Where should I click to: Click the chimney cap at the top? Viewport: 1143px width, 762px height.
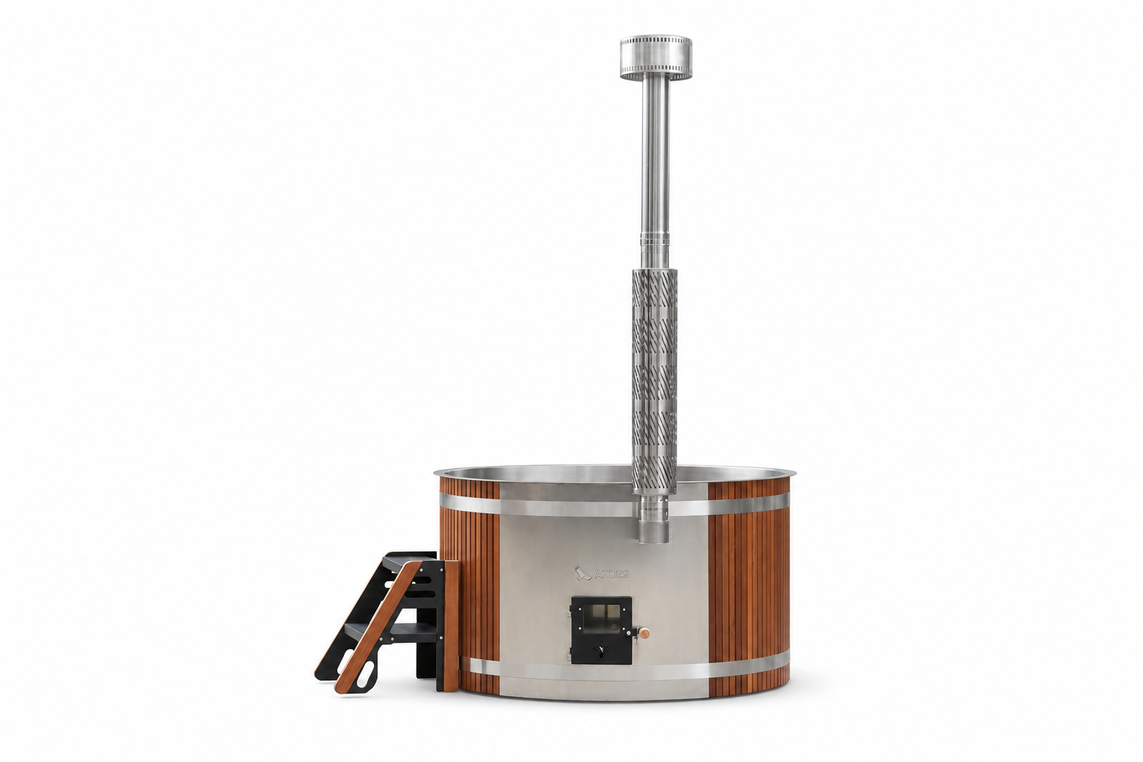(x=656, y=57)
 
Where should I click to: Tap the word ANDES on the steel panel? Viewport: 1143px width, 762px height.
(x=611, y=574)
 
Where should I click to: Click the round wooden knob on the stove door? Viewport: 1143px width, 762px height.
(x=645, y=633)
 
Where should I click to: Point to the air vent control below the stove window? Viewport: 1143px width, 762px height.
(x=601, y=650)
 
